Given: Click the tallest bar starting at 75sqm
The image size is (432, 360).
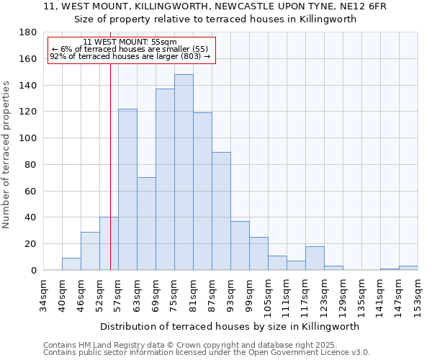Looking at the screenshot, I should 184,172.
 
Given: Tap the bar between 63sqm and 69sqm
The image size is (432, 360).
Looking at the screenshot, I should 146,223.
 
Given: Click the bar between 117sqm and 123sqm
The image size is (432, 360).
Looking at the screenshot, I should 315,258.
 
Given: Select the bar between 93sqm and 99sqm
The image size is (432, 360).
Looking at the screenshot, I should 240,246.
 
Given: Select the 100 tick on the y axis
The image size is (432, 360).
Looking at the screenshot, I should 28,138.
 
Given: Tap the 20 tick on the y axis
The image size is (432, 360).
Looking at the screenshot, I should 31,244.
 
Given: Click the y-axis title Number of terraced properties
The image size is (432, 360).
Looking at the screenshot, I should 7,154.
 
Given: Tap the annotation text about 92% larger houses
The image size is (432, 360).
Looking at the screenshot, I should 130,56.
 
